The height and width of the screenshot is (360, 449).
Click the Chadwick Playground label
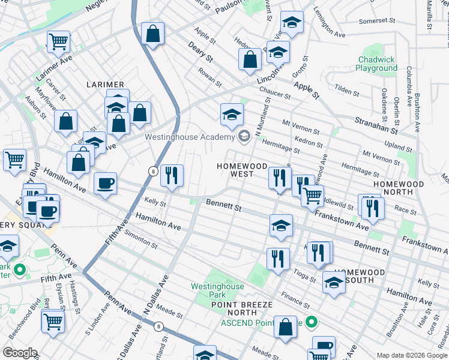pyautogui.click(x=376, y=64)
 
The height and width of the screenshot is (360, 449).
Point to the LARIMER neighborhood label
pyautogui.click(x=104, y=85)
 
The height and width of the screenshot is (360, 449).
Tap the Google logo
pyautogui.click(x=20, y=352)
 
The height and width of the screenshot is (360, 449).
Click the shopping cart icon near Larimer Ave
pyautogui.click(x=58, y=41)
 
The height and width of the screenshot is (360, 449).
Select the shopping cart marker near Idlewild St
pyautogui.click(x=312, y=195)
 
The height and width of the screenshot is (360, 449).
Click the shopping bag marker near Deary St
pyautogui.click(x=249, y=59)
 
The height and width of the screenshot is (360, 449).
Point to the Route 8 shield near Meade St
pyautogui.click(x=158, y=326)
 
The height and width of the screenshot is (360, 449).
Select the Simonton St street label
pyautogui.click(x=142, y=242)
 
